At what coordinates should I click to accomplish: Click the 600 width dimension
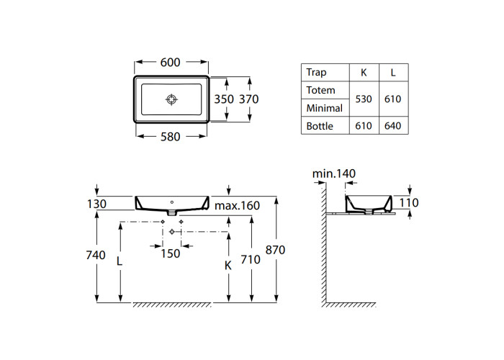coord(171,63)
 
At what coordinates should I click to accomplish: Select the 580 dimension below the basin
coord(171,137)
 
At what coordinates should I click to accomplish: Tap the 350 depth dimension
coord(224,99)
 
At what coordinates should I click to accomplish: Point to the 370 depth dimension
coord(249,99)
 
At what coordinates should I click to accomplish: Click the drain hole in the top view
coord(171,99)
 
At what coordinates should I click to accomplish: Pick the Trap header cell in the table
coord(316,72)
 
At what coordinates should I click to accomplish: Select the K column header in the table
coord(364,73)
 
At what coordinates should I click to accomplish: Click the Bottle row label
coord(320,126)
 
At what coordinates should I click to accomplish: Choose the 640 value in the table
coord(393,126)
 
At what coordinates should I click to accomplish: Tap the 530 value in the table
coord(364,99)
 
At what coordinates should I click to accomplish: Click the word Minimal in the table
coord(324,108)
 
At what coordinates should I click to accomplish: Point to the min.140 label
coord(334,174)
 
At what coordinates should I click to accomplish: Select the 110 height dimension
coord(409,203)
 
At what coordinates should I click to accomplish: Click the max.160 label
coord(237,206)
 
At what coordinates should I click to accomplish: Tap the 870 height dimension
coord(275,250)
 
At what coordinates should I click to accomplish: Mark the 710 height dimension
coord(251,259)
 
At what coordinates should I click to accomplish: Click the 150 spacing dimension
coord(171,253)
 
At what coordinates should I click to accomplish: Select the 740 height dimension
coord(96,255)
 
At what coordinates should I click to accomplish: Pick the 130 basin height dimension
coord(96,204)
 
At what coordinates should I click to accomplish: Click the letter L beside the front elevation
coord(120,261)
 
